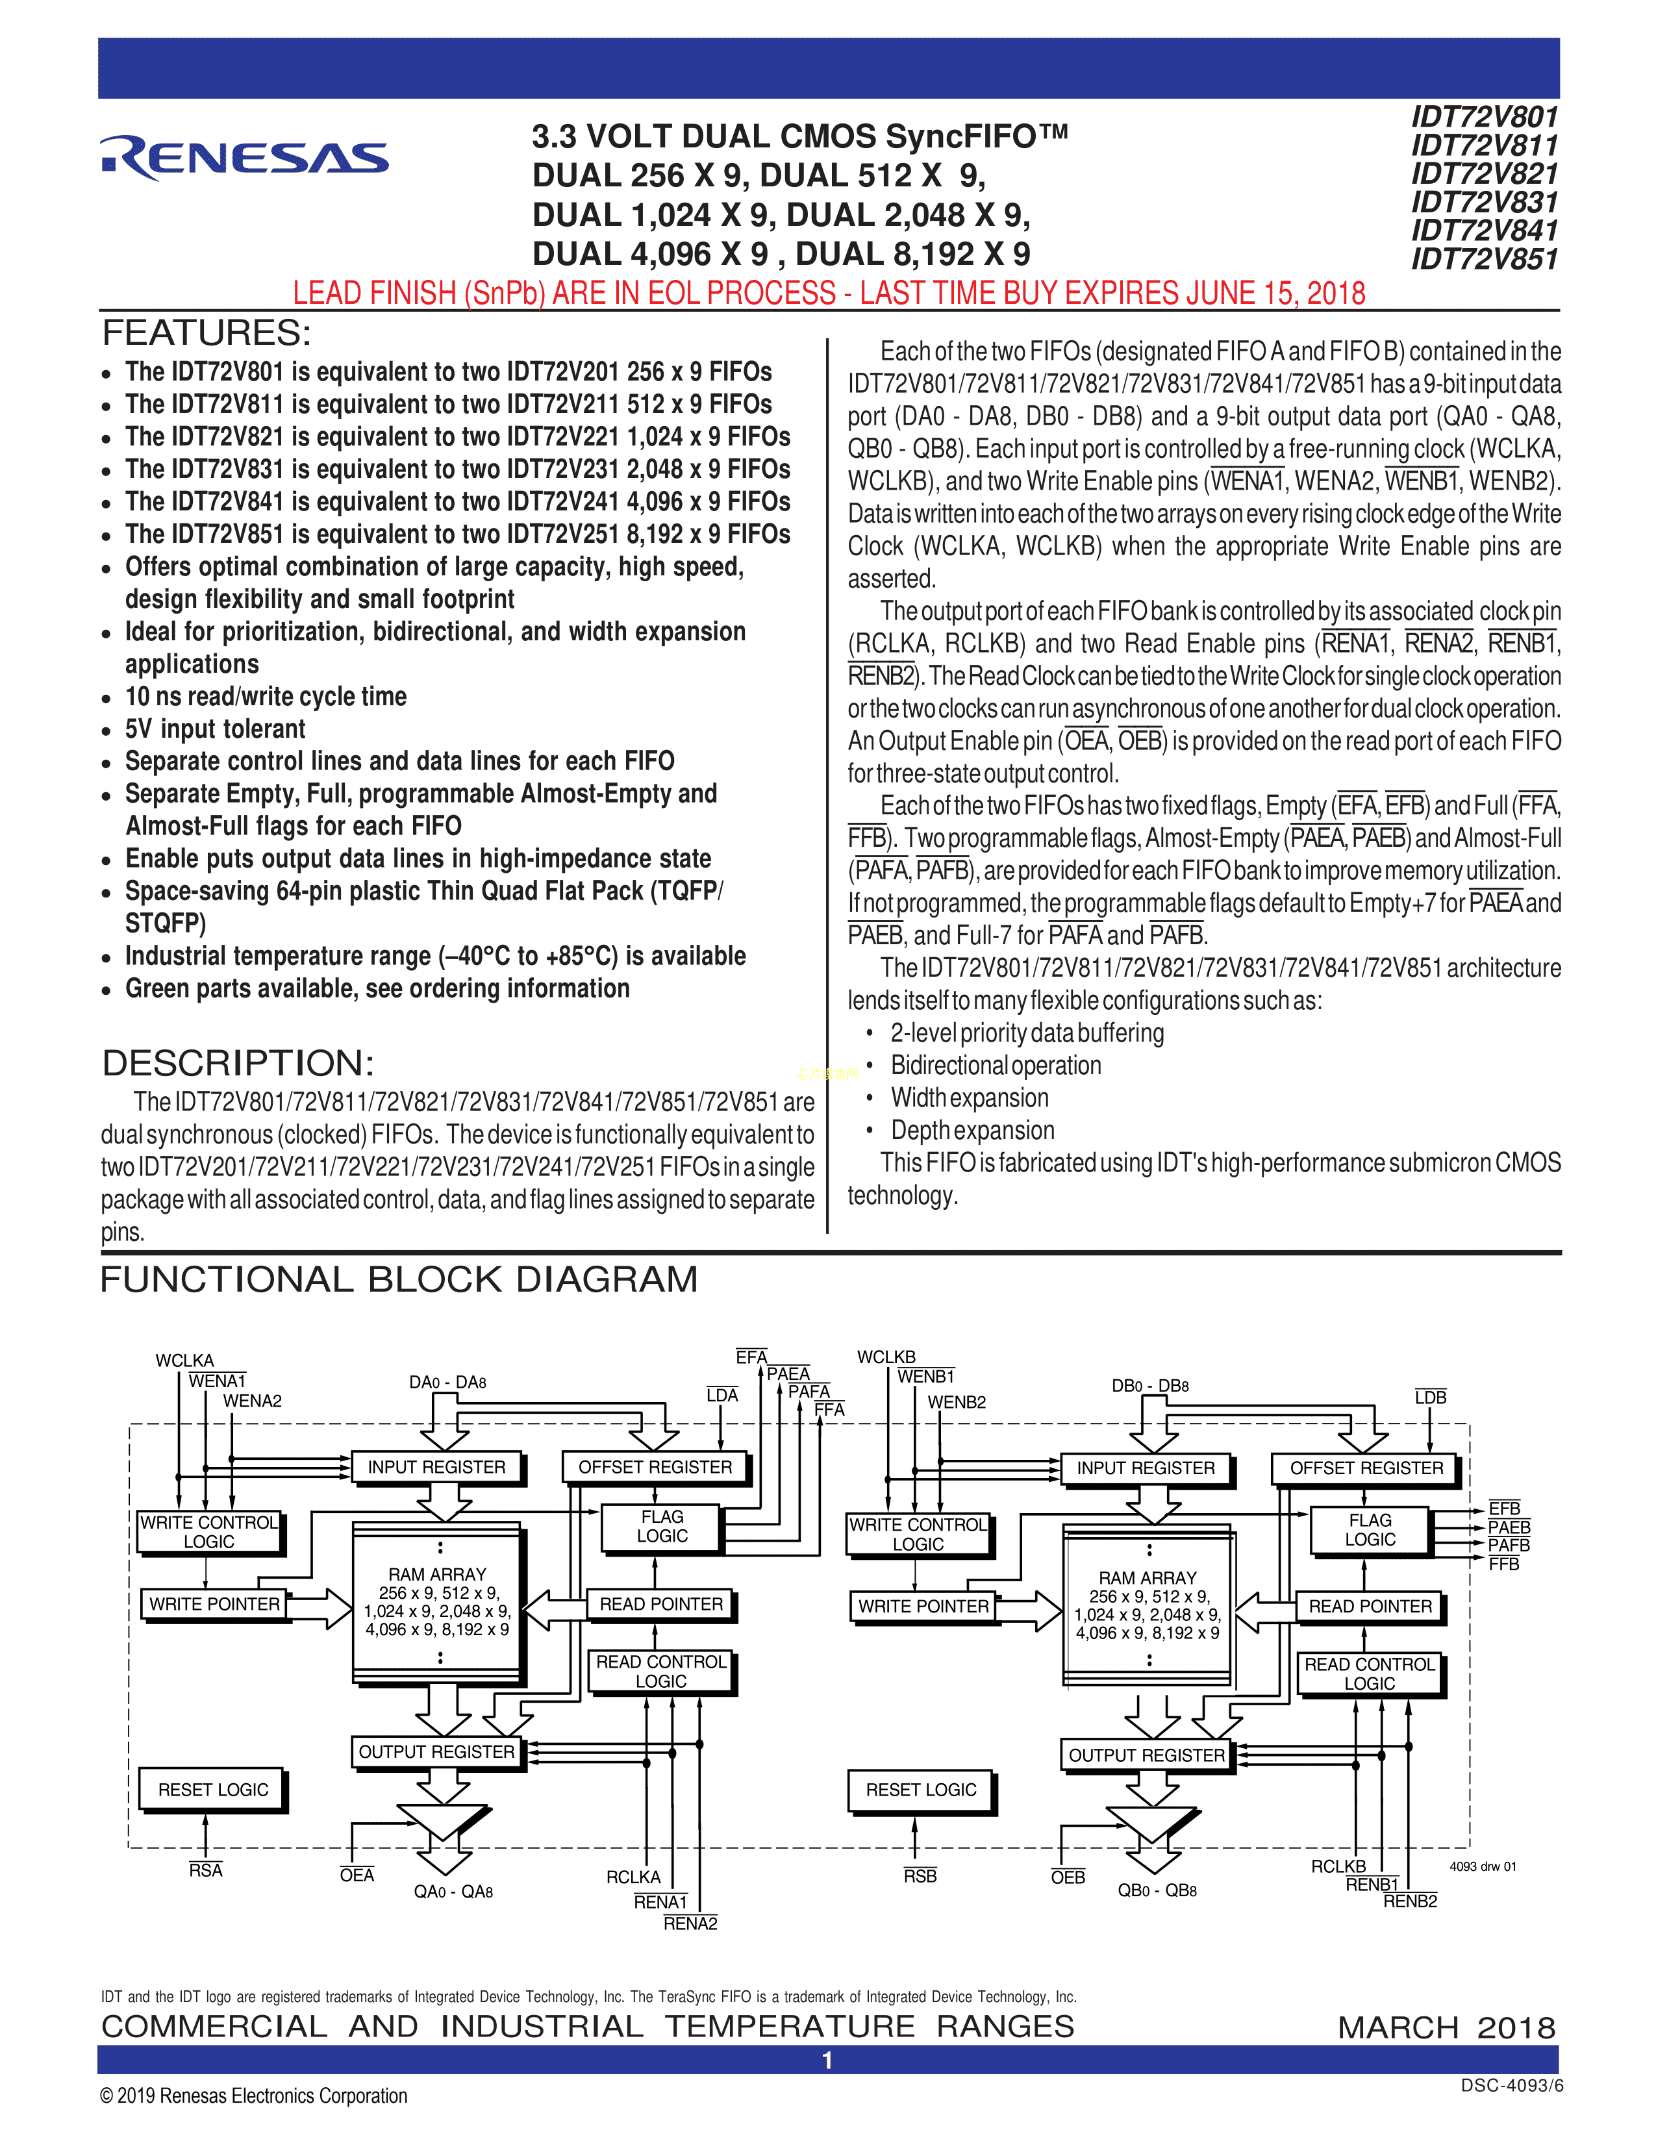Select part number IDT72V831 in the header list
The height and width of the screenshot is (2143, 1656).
click(x=1485, y=202)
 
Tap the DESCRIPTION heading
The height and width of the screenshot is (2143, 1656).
click(x=238, y=1062)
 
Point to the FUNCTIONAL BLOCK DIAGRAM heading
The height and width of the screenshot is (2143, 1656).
click(x=398, y=1279)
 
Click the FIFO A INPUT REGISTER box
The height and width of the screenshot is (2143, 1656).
click(x=436, y=1467)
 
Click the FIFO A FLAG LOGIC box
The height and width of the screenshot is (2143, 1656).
click(x=662, y=1527)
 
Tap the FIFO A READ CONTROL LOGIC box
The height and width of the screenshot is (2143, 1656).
click(x=660, y=1671)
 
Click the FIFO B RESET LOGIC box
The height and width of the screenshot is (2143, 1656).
click(x=920, y=1790)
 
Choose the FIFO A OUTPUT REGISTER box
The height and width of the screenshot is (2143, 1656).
click(x=436, y=1751)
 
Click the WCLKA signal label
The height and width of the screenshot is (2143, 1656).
click(x=184, y=1360)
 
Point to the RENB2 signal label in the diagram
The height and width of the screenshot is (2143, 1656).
click(x=1410, y=1901)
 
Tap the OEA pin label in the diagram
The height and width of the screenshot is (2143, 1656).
click(x=357, y=1875)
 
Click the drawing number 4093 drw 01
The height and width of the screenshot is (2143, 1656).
click(x=1483, y=1866)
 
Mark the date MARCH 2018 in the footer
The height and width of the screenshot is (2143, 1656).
click(x=1446, y=2027)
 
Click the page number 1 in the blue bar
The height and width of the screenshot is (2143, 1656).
click(x=827, y=2060)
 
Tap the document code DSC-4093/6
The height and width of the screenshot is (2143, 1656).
click(x=1511, y=2086)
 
